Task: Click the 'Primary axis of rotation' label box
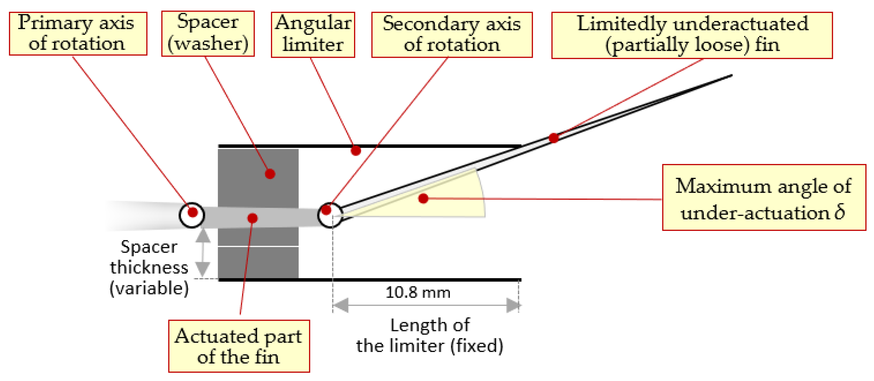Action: pyautogui.click(x=78, y=34)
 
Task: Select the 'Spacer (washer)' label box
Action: pyautogui.click(x=208, y=34)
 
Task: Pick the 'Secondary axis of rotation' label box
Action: pyautogui.click(x=452, y=35)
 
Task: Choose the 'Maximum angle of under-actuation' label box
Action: pyautogui.click(x=764, y=198)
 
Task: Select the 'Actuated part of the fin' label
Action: pyautogui.click(x=238, y=346)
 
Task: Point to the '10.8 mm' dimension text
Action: pyautogui.click(x=418, y=292)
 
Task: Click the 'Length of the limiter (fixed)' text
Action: pyautogui.click(x=430, y=336)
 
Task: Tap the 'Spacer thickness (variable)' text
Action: pyautogui.click(x=149, y=268)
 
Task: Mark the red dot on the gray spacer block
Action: pyautogui.click(x=270, y=174)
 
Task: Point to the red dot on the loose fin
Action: pyautogui.click(x=554, y=138)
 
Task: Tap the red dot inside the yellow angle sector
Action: pyautogui.click(x=423, y=198)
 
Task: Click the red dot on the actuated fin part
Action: pyautogui.click(x=252, y=218)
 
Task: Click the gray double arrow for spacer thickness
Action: pyautogui.click(x=203, y=253)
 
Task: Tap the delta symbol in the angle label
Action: pyautogui.click(x=840, y=212)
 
